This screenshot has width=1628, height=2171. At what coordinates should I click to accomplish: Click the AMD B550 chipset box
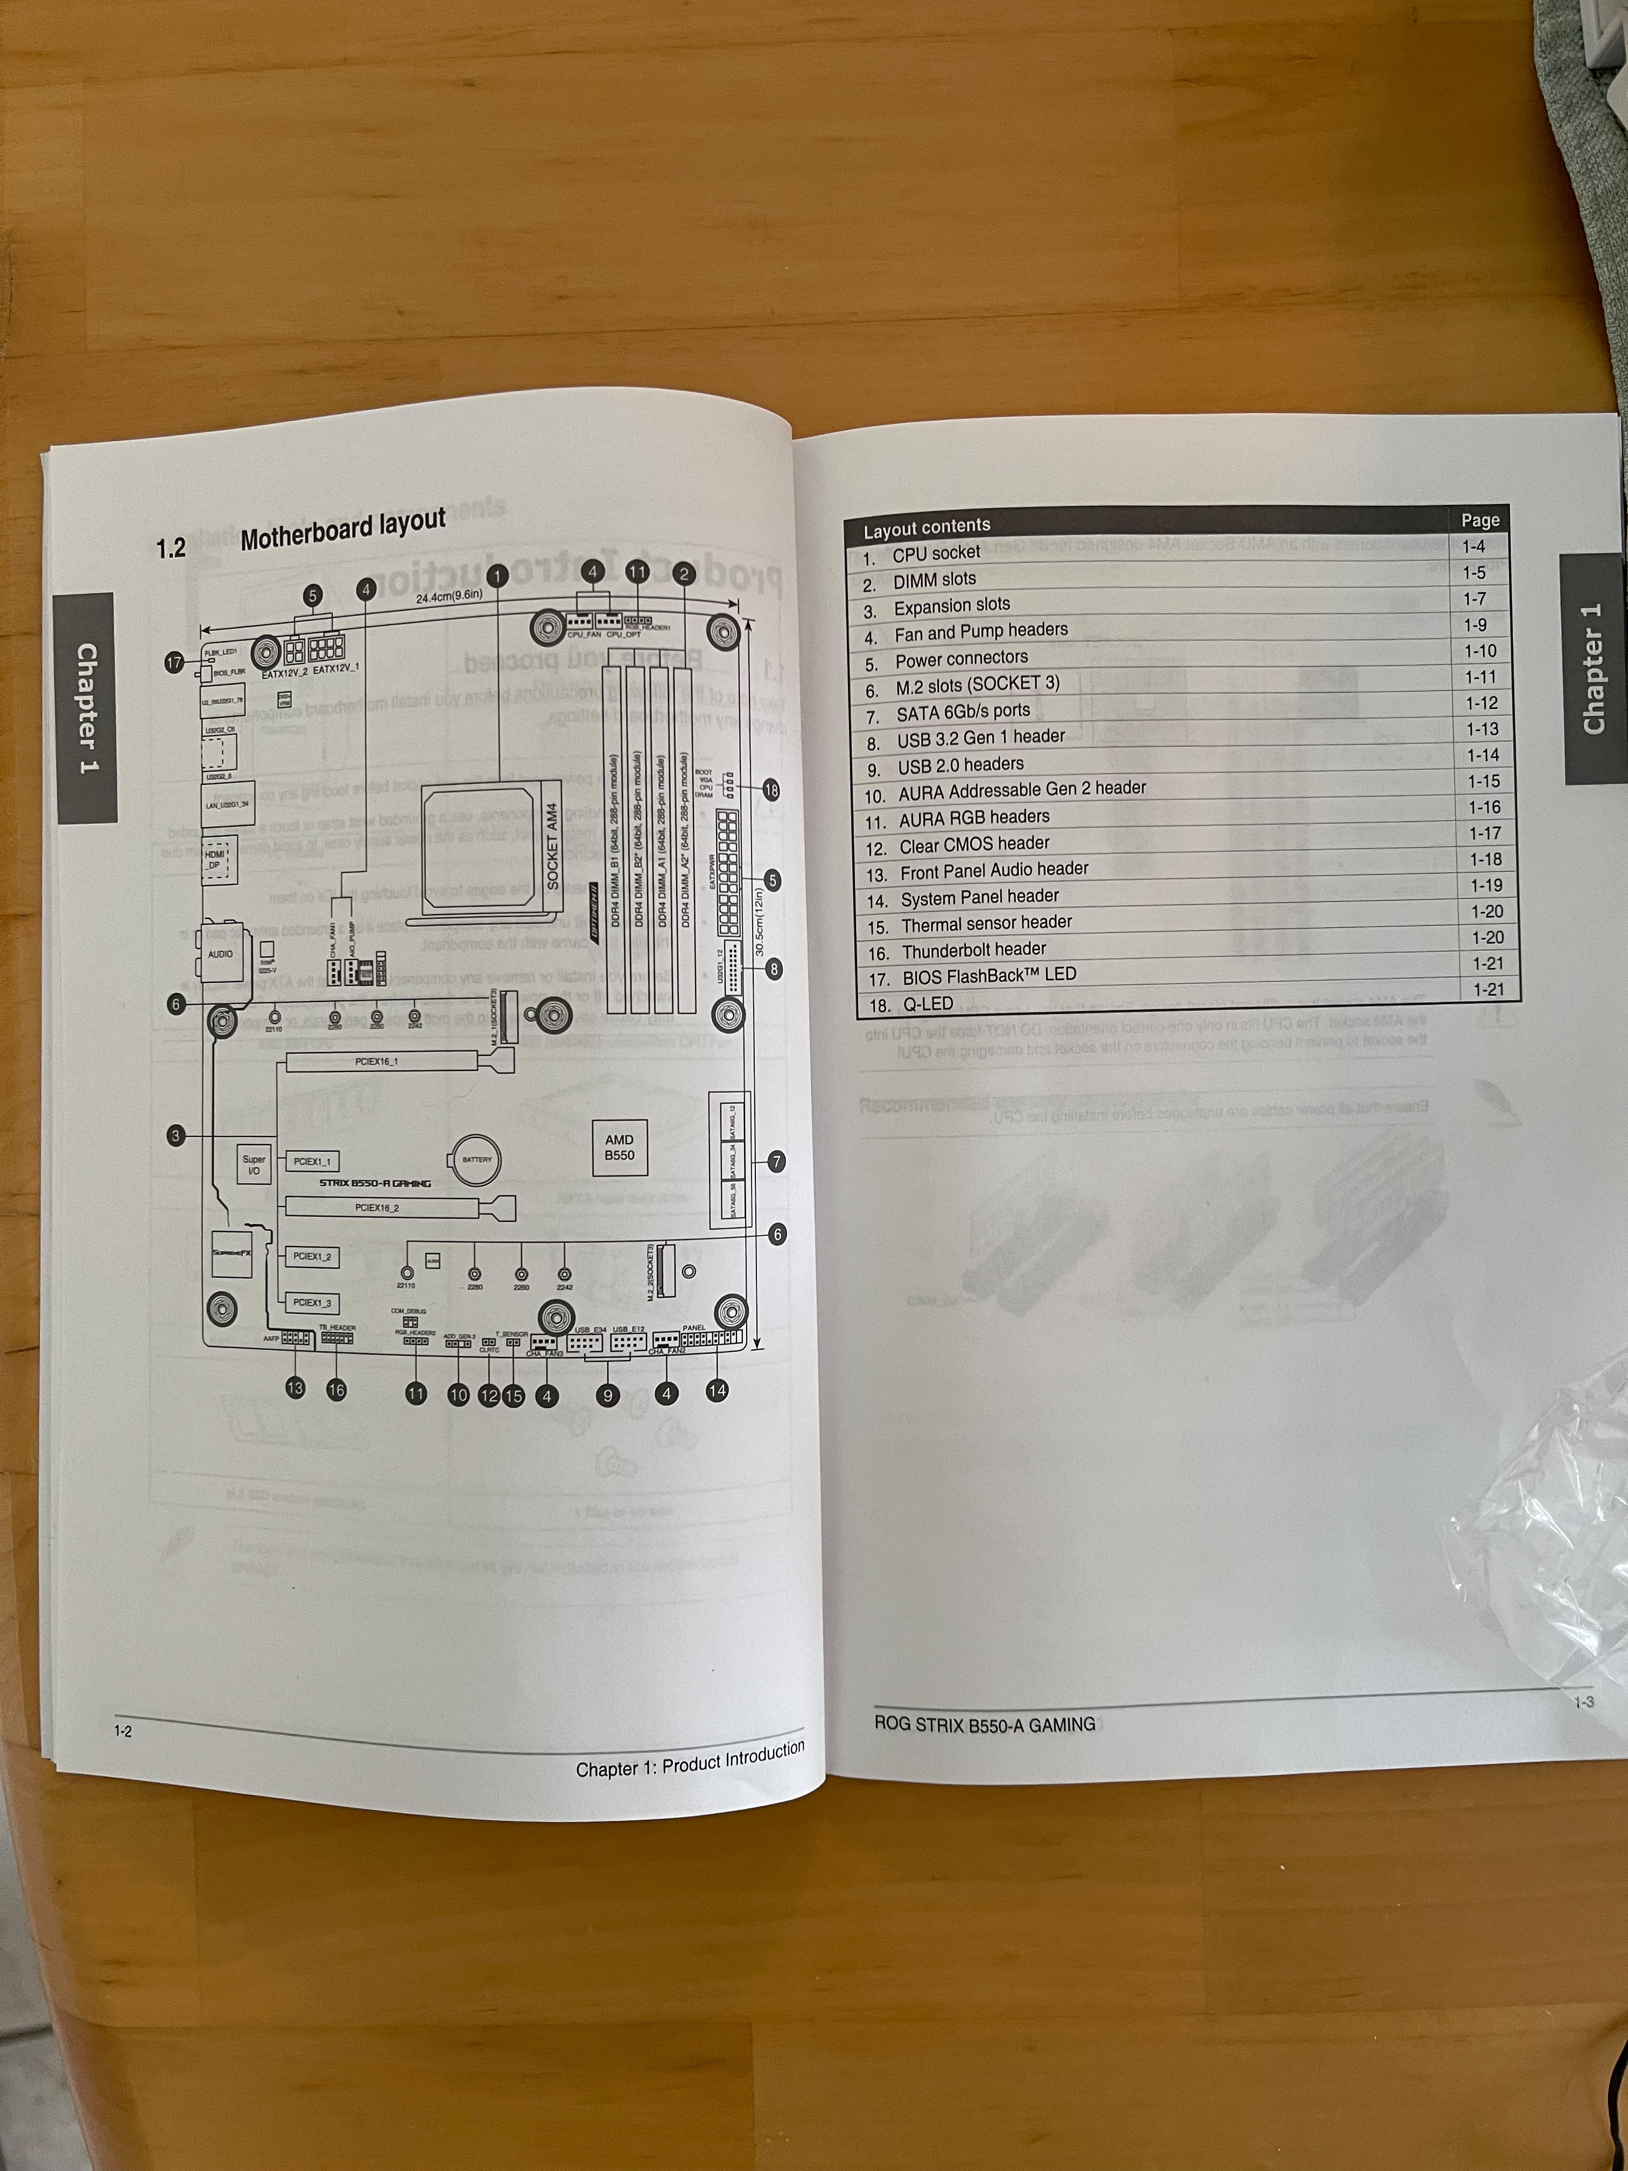click(619, 1146)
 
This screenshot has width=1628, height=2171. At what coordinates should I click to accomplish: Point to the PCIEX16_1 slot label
click(377, 1061)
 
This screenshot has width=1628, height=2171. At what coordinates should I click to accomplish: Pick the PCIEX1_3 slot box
click(312, 1302)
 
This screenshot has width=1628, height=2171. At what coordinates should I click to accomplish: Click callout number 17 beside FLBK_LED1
click(174, 663)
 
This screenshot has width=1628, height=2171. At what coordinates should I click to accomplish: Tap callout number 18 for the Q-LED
click(771, 789)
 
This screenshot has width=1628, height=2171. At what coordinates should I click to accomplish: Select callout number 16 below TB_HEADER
click(336, 1389)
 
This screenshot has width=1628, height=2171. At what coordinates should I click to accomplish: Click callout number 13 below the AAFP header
click(294, 1388)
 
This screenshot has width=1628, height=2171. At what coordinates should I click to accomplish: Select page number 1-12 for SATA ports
click(1482, 703)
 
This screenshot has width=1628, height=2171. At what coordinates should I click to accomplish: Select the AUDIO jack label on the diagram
click(220, 954)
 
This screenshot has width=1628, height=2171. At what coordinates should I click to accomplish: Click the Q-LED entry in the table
click(928, 1004)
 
